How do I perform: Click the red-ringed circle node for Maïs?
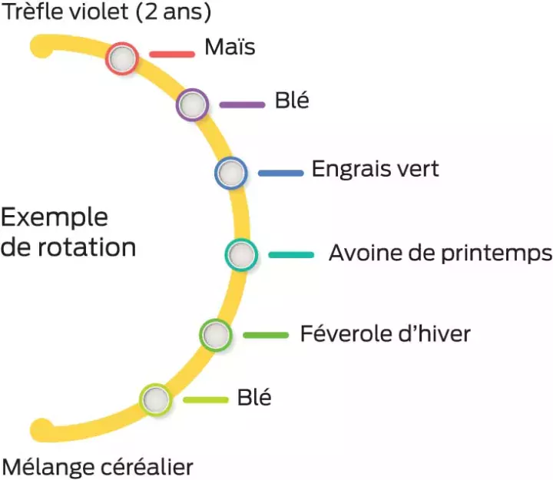[122, 58]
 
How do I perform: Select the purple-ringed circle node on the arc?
[192, 104]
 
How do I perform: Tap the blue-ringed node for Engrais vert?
[231, 173]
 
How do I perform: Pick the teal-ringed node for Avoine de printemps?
[241, 255]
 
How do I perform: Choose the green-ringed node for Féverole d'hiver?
[216, 335]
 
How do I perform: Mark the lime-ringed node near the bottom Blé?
[155, 399]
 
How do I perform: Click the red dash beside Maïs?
[172, 55]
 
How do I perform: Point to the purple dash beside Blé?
[242, 104]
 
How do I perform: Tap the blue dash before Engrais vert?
[281, 173]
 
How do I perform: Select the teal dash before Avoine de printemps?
[291, 255]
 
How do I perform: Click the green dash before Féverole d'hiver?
[266, 335]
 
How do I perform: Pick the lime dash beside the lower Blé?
[206, 399]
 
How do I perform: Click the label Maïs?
[230, 47]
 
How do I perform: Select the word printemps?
[497, 254]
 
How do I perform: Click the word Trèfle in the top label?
[31, 12]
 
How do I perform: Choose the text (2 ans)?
[173, 12]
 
